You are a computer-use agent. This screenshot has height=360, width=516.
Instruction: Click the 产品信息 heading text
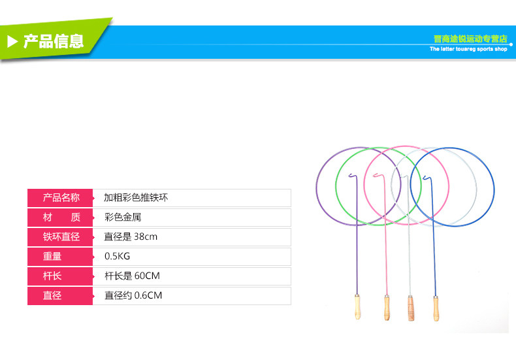tap(54, 42)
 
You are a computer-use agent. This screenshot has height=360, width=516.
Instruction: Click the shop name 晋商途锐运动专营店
tap(470, 39)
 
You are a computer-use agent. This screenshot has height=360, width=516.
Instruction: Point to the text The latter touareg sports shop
tap(468, 49)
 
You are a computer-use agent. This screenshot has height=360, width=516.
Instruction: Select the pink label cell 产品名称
tap(61, 197)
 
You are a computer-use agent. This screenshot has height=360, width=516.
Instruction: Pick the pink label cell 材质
tap(61, 217)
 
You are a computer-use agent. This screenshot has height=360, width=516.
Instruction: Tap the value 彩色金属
tap(122, 217)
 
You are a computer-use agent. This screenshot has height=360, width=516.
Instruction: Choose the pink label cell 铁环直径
tap(61, 237)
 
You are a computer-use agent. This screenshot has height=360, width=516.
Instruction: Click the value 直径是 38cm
tap(131, 237)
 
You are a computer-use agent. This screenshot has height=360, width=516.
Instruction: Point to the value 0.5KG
tap(118, 256)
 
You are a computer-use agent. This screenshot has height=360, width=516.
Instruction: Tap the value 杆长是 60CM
tap(132, 276)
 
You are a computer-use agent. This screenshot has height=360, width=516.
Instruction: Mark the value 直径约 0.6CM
tap(133, 295)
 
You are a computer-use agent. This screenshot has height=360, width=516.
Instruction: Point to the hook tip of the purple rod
tap(349, 174)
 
